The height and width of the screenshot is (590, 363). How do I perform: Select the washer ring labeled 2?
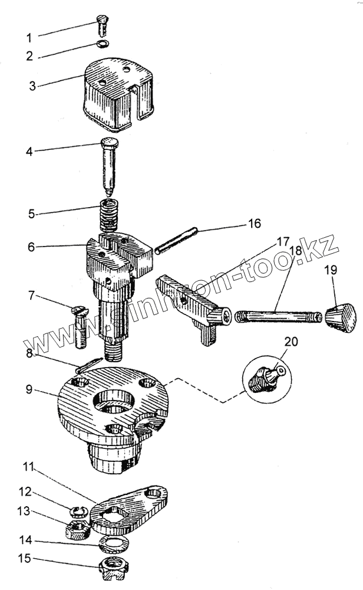(x=102, y=45)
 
